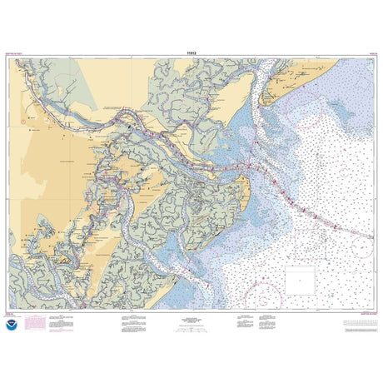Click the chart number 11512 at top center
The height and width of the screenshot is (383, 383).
click(x=191, y=51)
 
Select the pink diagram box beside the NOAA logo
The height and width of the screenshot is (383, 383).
click(x=36, y=321)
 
